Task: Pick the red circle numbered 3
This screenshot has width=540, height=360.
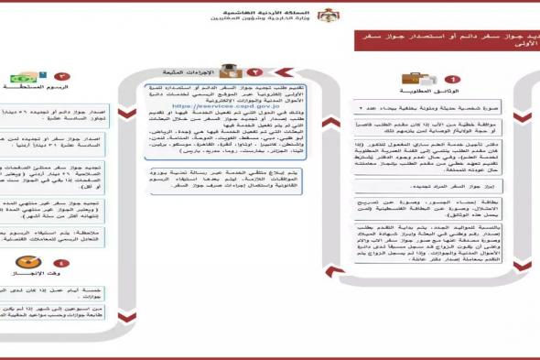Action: tap(62, 78)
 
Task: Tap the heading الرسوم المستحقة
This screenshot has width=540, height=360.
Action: tap(33, 89)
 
